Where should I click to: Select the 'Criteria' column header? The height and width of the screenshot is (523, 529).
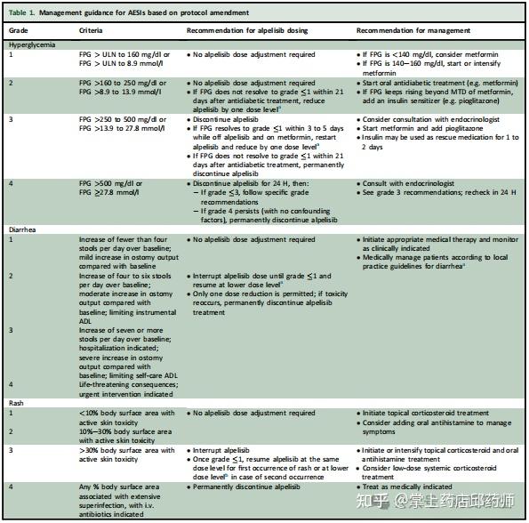pyautogui.click(x=93, y=29)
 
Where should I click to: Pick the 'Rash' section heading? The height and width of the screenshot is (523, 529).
pyautogui.click(x=17, y=402)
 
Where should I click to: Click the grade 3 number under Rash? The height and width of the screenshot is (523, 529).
pyautogui.click(x=11, y=451)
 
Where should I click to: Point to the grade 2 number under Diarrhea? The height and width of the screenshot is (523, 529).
pyautogui.click(x=11, y=276)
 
